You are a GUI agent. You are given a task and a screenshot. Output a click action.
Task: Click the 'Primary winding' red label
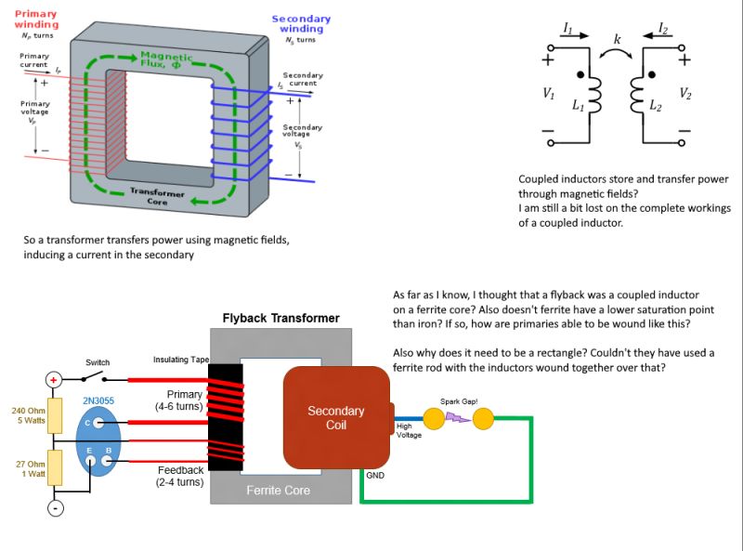(36, 19)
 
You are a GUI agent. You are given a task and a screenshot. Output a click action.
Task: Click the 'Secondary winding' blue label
(301, 23)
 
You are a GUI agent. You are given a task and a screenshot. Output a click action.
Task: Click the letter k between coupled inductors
(617, 39)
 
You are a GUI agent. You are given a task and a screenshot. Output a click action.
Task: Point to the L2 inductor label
(656, 106)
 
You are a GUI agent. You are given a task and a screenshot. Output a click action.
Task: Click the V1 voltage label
(549, 93)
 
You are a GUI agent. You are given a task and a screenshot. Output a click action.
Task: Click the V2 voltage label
(684, 93)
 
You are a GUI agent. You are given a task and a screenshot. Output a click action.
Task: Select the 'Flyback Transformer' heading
(280, 318)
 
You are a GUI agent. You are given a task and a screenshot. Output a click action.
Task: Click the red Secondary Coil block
(335, 417)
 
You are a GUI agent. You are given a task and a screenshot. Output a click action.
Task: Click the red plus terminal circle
(54, 379)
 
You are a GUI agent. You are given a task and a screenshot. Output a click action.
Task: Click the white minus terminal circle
(55, 508)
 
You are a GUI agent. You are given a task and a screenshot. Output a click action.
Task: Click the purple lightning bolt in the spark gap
(459, 418)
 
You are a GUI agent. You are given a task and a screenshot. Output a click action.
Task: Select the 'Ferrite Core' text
(279, 490)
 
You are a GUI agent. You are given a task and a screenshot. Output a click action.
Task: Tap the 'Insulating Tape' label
(181, 360)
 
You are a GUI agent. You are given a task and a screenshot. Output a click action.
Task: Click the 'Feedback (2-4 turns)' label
(179, 476)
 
